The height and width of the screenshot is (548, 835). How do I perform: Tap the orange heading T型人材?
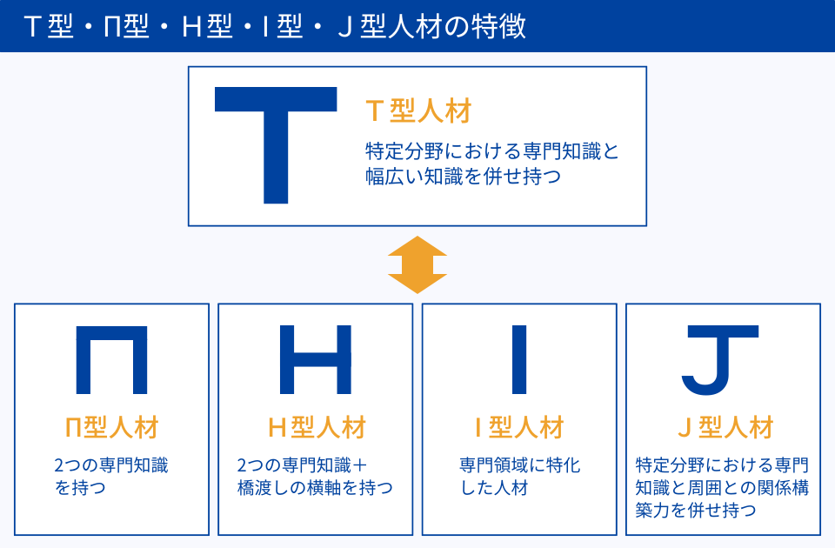point(419,112)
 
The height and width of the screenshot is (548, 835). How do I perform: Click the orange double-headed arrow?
point(417,264)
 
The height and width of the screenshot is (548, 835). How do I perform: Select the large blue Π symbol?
point(112,360)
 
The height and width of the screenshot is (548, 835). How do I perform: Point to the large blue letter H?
point(315,360)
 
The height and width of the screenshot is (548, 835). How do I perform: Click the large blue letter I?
point(519,360)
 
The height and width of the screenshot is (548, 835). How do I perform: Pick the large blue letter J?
point(720,360)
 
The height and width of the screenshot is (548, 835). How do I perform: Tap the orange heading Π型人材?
point(112,428)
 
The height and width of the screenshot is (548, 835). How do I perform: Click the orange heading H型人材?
point(317,428)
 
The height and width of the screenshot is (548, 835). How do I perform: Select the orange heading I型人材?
point(519,428)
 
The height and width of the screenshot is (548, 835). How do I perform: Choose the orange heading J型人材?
point(725,428)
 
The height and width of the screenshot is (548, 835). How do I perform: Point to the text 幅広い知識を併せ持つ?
point(464,177)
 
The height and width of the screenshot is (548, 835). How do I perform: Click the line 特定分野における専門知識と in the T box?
point(492,151)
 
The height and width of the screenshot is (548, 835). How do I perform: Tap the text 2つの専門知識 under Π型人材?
point(111,465)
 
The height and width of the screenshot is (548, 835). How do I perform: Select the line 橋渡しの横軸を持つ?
point(315,488)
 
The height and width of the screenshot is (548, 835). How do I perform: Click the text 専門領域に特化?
point(520,465)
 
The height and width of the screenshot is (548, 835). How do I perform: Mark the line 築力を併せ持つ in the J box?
point(696,511)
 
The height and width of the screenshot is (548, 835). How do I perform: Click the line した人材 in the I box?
point(494,488)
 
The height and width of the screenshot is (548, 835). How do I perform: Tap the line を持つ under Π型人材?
point(80,488)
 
